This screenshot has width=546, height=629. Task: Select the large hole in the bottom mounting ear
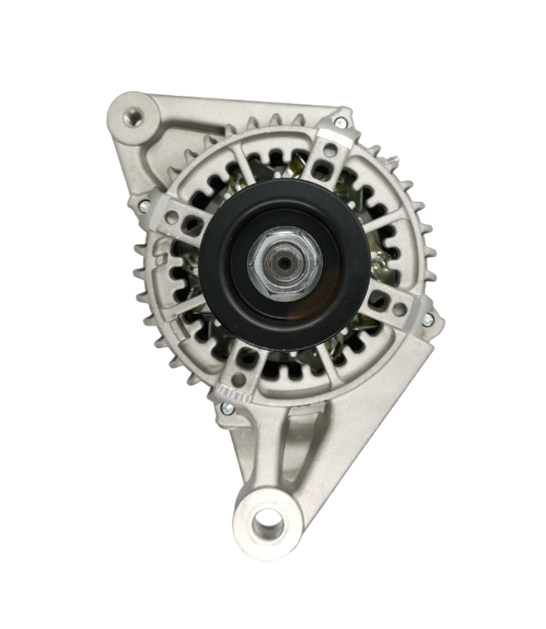[267, 518]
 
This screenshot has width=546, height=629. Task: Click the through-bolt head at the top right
[339, 123]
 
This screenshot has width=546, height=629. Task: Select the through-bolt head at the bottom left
[226, 407]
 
